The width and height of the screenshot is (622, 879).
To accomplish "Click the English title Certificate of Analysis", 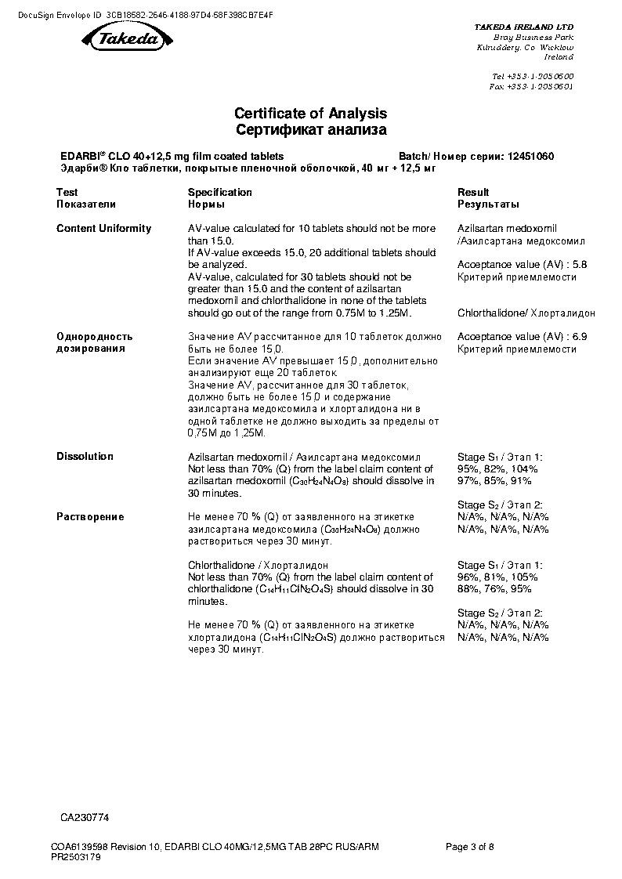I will coord(311,114).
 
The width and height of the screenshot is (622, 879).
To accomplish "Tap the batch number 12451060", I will coord(530,157).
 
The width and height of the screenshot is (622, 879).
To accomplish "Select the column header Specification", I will coord(220,192).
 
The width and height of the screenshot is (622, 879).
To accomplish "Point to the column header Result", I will coord(473,192).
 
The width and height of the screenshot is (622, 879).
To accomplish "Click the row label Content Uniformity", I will coord(103,229).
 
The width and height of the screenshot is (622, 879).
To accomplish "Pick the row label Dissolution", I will coord(85,456).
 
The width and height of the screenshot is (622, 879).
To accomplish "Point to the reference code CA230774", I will coord(85,817).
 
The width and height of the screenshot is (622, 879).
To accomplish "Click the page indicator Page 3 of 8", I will coord(470,846).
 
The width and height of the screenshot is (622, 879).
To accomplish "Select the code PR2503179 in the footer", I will coord(76,857).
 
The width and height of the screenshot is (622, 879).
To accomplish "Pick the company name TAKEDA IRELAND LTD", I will coord(523,27).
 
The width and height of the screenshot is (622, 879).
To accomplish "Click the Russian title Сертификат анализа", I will coord(311,130).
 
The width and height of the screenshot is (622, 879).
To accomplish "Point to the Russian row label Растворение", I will coord(90,517).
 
